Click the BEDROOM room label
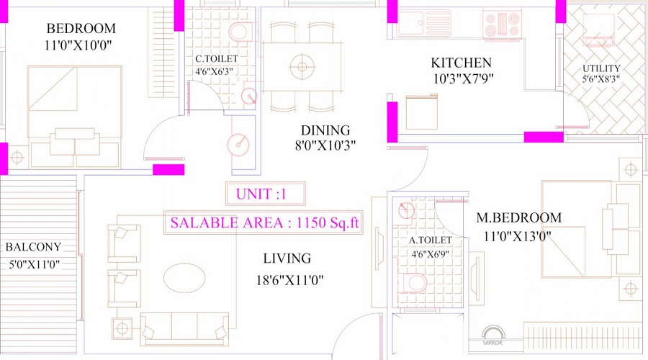81,29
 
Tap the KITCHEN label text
461,63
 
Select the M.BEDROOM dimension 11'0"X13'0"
517,236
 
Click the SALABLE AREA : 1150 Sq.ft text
264,222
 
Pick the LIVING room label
287,258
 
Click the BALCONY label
33,247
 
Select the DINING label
325,130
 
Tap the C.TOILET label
216,59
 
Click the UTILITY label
601,69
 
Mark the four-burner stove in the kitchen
502,24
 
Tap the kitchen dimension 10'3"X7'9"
463,79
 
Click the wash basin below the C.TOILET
238,144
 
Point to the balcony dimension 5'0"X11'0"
33,264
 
